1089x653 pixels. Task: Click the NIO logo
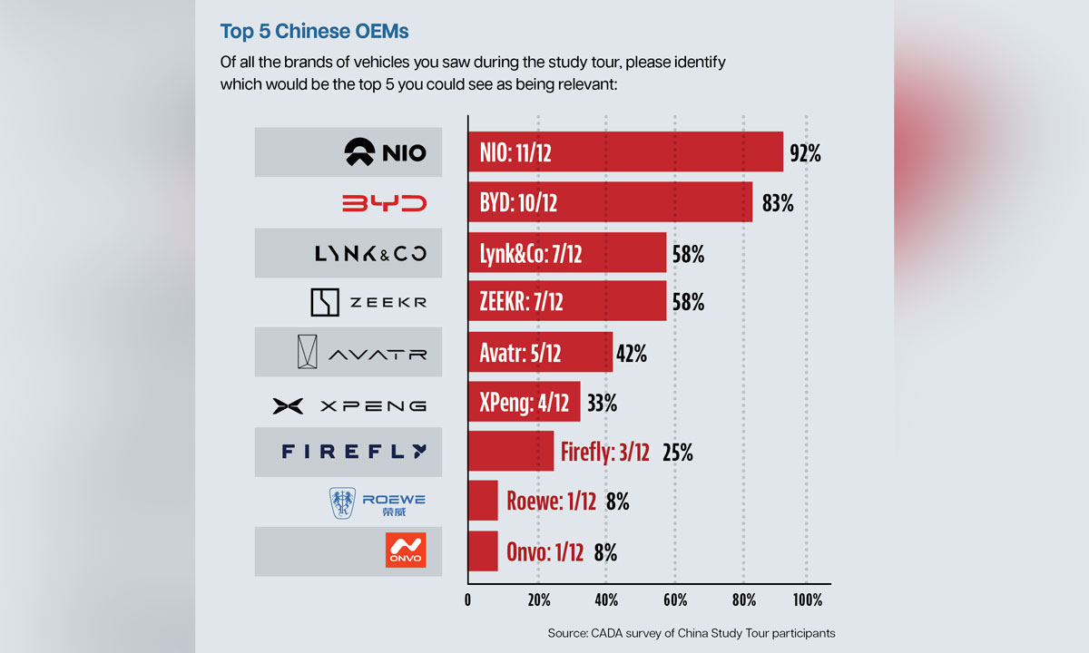coord(386,152)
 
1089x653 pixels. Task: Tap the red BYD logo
coord(384,203)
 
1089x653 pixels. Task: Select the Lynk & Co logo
coord(370,254)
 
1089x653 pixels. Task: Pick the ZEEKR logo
coord(368,304)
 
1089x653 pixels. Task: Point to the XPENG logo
coord(349,405)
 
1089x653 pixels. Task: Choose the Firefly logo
coord(353,451)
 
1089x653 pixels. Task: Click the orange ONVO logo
coord(405,551)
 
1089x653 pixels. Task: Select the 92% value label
coord(805,153)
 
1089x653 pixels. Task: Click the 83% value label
coord(778,204)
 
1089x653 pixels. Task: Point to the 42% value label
coord(631,354)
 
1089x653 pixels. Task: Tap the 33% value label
coord(601,404)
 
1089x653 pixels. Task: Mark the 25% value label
coord(677,453)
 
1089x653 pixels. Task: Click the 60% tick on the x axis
coord(674,600)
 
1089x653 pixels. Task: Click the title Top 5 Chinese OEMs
coord(314,32)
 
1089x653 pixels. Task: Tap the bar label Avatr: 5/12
coord(520,354)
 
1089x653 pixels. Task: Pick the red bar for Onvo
coord(483,551)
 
